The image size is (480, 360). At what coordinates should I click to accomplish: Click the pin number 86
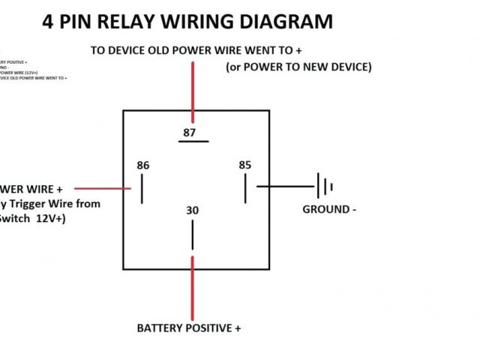(143, 165)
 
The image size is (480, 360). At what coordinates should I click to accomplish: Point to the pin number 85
(244, 165)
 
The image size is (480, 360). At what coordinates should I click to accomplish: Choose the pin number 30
(193, 211)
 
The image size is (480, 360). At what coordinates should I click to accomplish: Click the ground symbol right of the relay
(324, 186)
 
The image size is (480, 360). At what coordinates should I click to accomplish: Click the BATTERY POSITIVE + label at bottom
(189, 328)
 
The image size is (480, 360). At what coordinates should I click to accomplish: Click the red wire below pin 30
(193, 289)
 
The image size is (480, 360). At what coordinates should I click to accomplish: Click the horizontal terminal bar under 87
(193, 142)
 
